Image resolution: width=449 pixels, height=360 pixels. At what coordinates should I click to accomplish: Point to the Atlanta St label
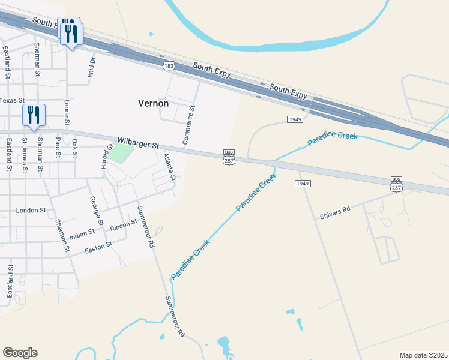pyautogui.click(x=169, y=166)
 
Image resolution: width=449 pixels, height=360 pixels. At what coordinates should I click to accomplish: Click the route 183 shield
pyautogui.click(x=170, y=64)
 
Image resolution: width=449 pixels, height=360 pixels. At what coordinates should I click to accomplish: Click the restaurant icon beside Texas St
pyautogui.click(x=33, y=115)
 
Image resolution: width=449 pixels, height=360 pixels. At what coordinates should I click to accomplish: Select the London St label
pyautogui.click(x=31, y=211)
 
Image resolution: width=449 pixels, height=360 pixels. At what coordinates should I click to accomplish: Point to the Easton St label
pyautogui.click(x=98, y=246)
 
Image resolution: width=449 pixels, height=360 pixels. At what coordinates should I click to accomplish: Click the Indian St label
pyautogui.click(x=82, y=234)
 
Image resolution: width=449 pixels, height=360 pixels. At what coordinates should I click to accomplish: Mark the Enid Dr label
pyautogui.click(x=92, y=68)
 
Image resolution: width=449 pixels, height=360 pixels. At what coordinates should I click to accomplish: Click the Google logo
pyautogui.click(x=20, y=353)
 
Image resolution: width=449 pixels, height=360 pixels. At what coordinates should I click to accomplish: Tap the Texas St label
pyautogui.click(x=11, y=101)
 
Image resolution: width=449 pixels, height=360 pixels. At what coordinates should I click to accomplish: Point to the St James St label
pyautogui.click(x=25, y=155)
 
